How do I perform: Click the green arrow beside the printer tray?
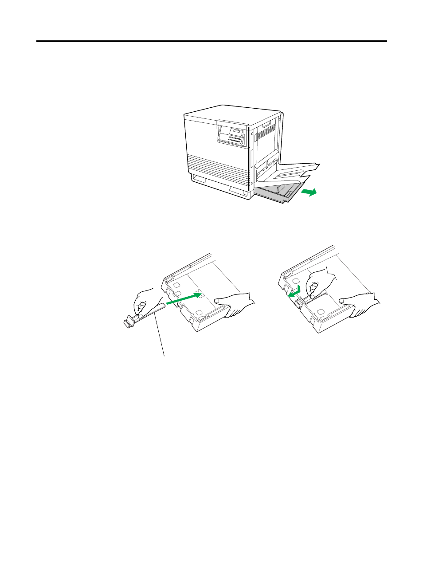[x=309, y=192]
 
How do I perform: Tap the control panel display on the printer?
[x=238, y=132]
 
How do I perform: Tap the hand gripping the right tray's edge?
[x=359, y=303]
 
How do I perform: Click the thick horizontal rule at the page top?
[x=211, y=42]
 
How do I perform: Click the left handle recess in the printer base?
[x=199, y=179]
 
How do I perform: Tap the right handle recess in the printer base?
[x=238, y=191]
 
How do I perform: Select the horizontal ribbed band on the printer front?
[x=217, y=165]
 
